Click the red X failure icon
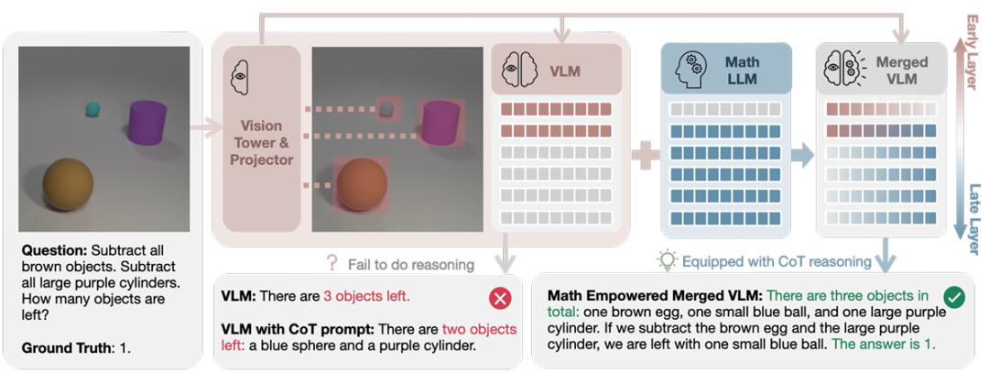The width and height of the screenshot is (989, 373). tap(500, 299)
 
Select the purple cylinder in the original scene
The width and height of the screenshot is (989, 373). tap(147, 121)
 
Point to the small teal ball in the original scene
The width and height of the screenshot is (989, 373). tap(92, 110)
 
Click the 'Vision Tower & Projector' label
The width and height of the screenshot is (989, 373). tap(261, 142)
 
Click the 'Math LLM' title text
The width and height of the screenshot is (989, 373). tap(743, 70)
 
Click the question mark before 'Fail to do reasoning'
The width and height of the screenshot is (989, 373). tap(332, 264)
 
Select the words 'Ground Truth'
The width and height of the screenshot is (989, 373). tap(60, 348)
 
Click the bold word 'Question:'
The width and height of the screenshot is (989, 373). tap(54, 249)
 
